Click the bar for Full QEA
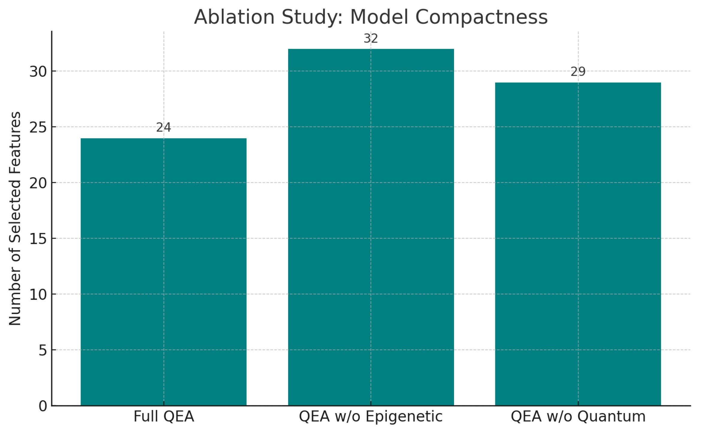[x=164, y=272]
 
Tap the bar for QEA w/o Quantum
[x=578, y=244]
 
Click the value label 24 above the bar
[x=164, y=128]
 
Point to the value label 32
[x=371, y=39]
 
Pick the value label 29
[x=578, y=72]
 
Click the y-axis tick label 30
[x=38, y=72]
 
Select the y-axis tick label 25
[x=38, y=127]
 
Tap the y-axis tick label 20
[x=38, y=183]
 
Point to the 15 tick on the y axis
[x=38, y=239]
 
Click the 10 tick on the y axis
[x=38, y=294]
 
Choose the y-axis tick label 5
[x=43, y=350]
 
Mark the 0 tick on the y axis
[x=43, y=406]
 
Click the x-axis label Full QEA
[x=164, y=416]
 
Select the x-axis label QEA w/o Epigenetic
[x=371, y=416]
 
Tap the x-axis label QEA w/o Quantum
[x=578, y=416]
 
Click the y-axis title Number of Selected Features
[x=15, y=218]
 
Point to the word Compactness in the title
[x=481, y=17]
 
